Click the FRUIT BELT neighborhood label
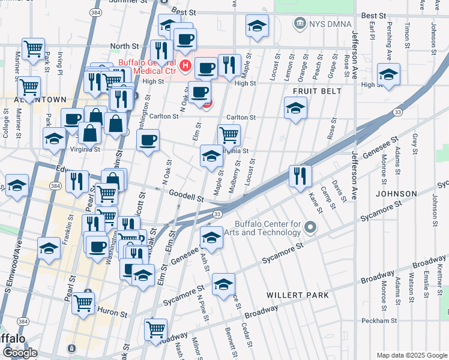(317, 91)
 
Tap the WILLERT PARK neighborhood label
(298, 295)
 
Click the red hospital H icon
(185, 65)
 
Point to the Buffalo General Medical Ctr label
(147, 67)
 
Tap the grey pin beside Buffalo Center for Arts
(310, 227)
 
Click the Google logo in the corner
(20, 352)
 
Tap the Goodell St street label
(183, 196)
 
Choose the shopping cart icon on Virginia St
(229, 135)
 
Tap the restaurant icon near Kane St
(300, 176)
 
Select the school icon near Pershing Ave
(388, 74)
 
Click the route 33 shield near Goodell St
(217, 214)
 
